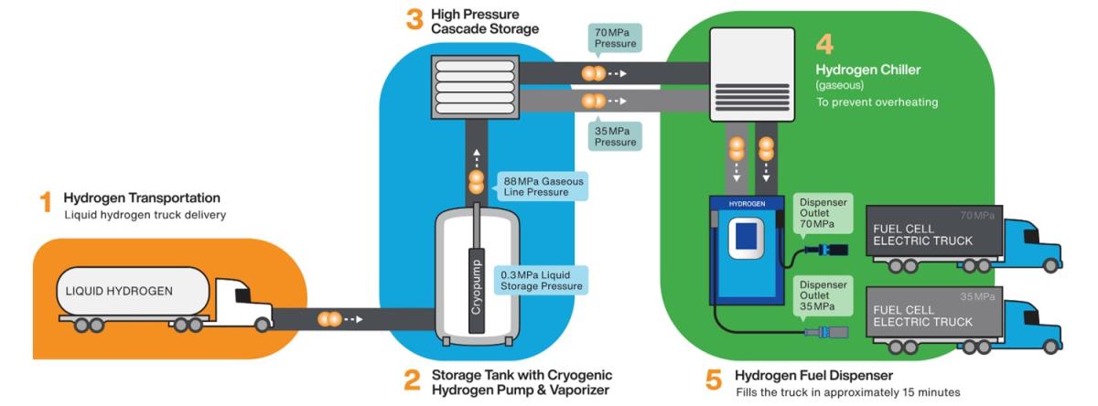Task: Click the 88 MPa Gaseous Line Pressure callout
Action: (x=543, y=186)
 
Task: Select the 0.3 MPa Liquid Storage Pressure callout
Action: (x=540, y=280)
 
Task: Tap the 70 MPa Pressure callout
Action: (x=615, y=37)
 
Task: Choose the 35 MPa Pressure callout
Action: (x=615, y=135)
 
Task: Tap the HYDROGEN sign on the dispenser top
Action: (x=746, y=203)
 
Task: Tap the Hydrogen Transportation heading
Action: (x=142, y=198)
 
